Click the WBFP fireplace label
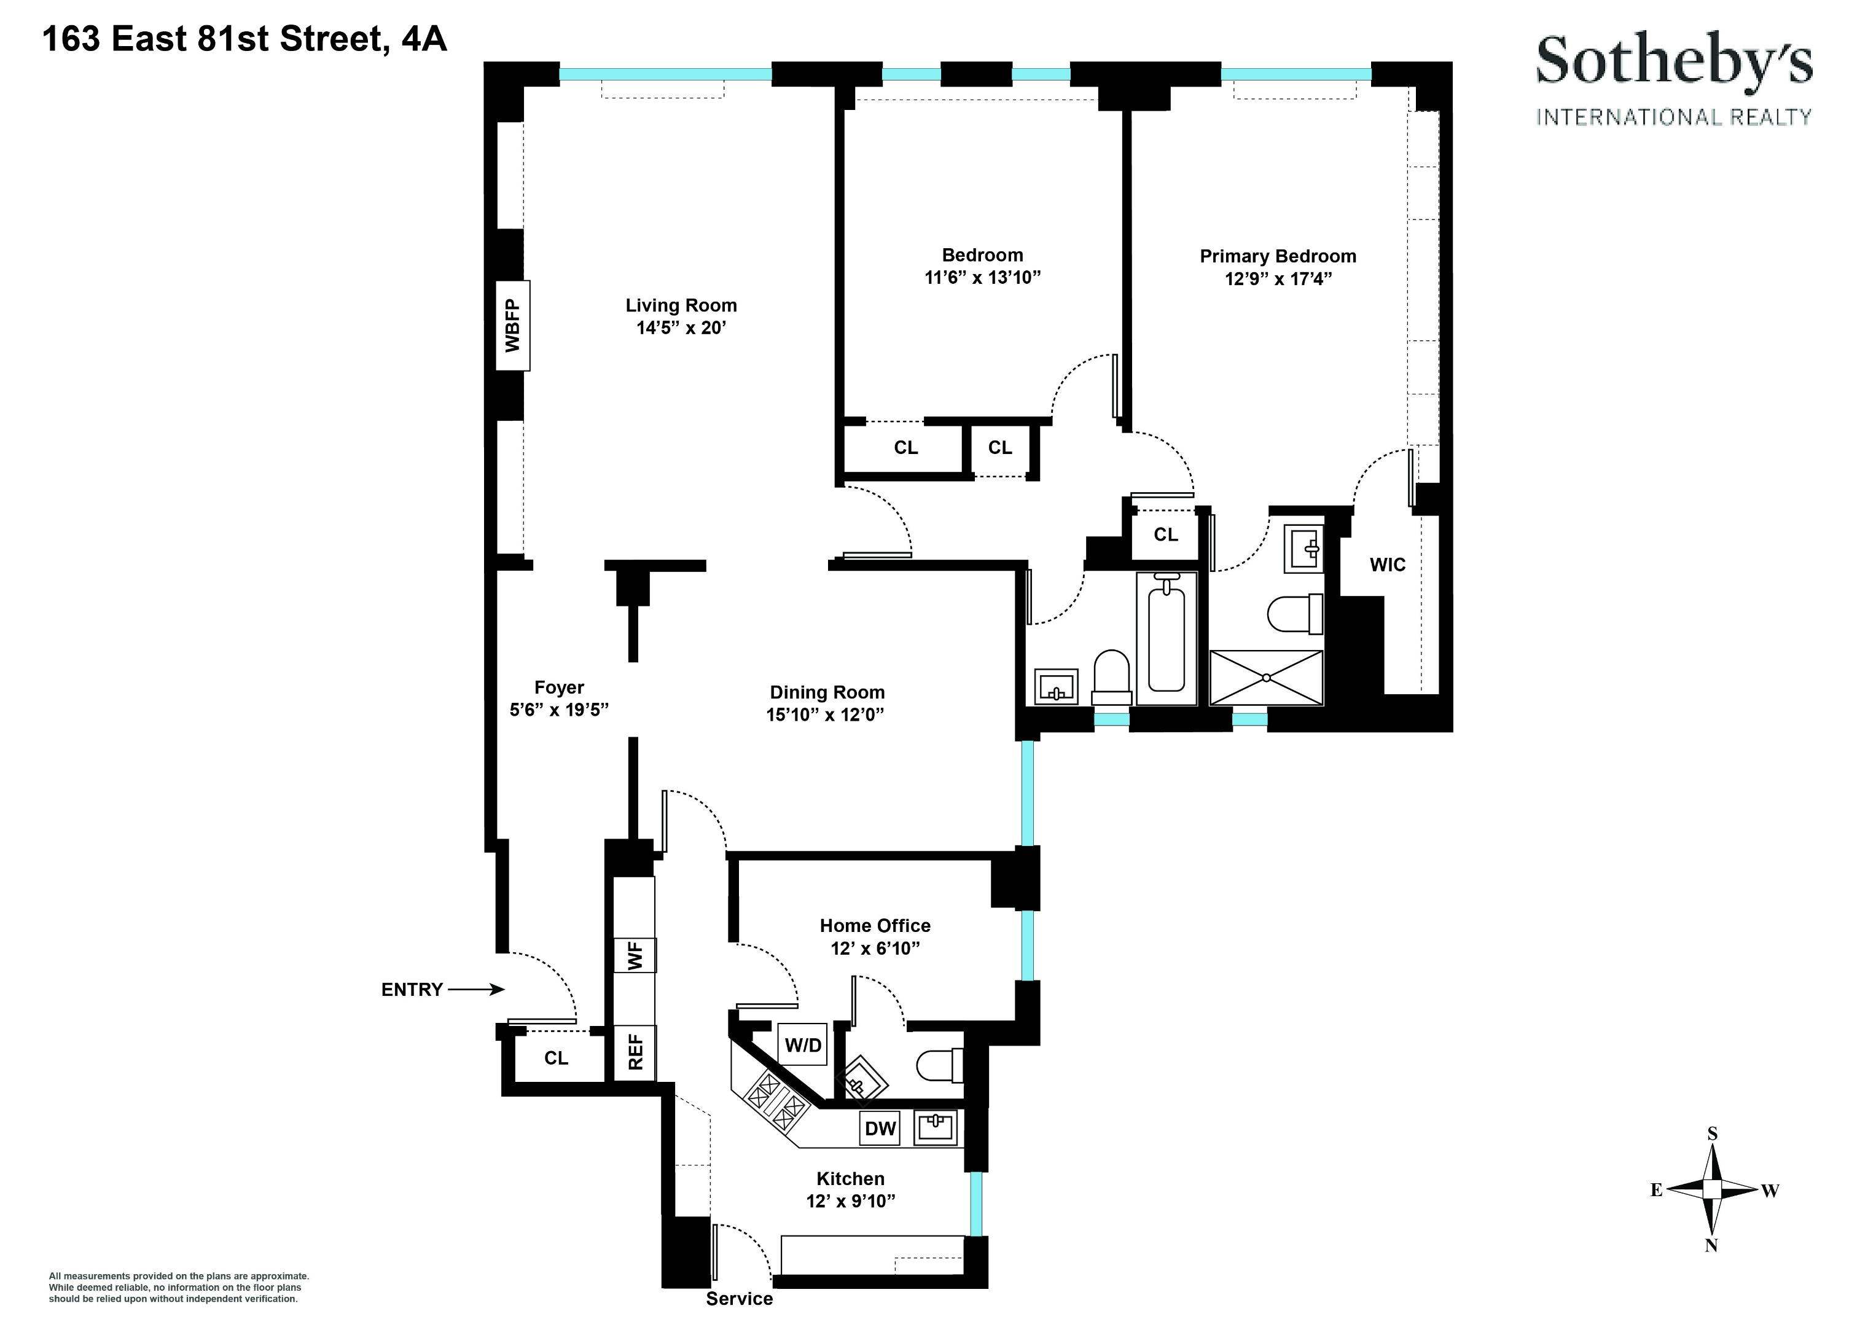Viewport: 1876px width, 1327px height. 513,325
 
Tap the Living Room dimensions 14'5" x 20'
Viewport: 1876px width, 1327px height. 681,327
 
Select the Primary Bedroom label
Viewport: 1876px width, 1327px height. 1277,256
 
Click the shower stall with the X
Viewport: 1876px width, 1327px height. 1265,678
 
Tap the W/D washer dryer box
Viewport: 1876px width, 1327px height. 803,1045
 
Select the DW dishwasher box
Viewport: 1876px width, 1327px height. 880,1129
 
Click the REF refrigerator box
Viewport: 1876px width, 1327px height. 635,1052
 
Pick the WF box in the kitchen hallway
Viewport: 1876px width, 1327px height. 635,955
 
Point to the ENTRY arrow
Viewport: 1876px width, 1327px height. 475,990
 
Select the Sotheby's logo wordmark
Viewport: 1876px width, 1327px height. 1673,61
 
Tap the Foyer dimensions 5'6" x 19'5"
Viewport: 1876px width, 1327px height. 559,709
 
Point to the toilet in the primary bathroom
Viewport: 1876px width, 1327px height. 1295,614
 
